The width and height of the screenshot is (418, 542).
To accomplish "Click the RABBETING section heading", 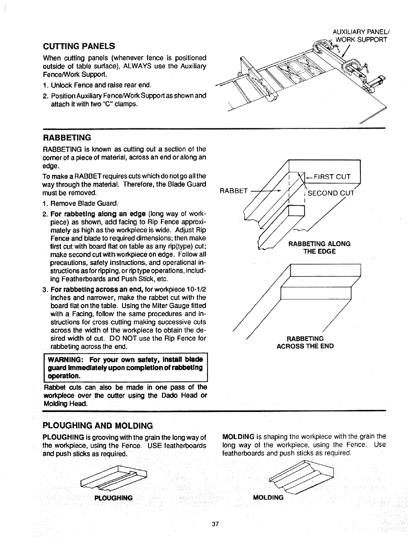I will pyautogui.click(x=67, y=138).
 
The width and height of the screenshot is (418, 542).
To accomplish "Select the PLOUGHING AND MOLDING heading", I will pyautogui.click(x=97, y=426).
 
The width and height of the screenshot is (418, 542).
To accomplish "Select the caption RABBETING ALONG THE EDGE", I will pyautogui.click(x=319, y=248).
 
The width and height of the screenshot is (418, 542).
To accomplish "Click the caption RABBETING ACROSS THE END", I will pyautogui.click(x=305, y=343).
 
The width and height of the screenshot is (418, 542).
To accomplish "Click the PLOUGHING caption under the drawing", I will pyautogui.click(x=113, y=498).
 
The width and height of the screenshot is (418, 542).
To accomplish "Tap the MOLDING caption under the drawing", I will pyautogui.click(x=268, y=498).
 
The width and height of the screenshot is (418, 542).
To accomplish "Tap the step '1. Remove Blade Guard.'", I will pyautogui.click(x=80, y=204).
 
